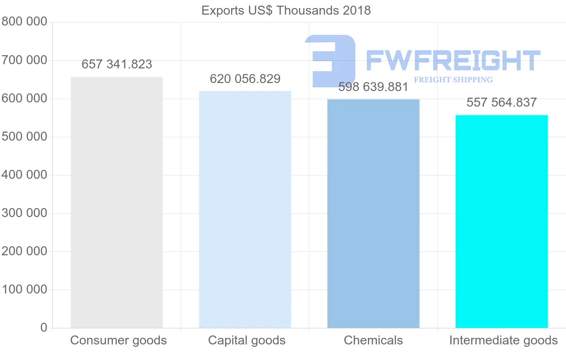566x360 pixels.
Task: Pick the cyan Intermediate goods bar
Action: point(501,221)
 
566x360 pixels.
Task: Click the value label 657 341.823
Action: point(117,65)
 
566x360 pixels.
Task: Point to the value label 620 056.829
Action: point(245,79)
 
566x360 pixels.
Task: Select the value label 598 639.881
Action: point(373,87)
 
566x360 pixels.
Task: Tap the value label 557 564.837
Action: point(501,103)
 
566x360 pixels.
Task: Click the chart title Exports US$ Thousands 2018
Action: point(286,10)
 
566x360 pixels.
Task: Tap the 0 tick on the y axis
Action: point(44,327)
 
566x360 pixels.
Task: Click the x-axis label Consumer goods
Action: point(118,341)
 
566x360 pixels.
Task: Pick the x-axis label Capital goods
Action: point(247,341)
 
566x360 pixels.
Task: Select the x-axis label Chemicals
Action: point(373,341)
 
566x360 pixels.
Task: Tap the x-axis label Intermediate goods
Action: point(503,341)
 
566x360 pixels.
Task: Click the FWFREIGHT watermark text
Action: point(453,61)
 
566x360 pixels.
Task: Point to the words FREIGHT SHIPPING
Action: point(453,80)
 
